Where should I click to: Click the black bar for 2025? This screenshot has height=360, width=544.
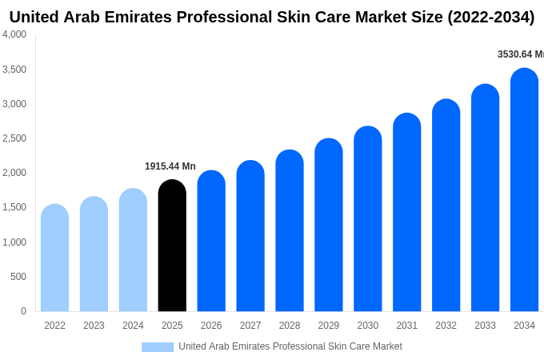click(x=172, y=246)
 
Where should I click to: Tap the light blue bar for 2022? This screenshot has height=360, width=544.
click(x=54, y=258)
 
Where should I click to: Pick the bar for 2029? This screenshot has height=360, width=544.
click(x=329, y=225)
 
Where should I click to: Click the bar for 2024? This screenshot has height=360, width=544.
click(x=133, y=250)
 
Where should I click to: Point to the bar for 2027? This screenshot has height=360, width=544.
click(x=250, y=236)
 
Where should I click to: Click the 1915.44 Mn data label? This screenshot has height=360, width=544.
click(x=170, y=166)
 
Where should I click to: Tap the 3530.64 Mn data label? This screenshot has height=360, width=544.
click(x=520, y=54)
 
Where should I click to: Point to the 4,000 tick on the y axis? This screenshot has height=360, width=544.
click(x=14, y=34)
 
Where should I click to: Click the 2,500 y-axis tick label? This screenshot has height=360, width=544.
click(x=14, y=138)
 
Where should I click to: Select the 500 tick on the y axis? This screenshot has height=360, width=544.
click(x=18, y=277)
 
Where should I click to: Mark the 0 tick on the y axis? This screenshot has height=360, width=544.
click(x=23, y=311)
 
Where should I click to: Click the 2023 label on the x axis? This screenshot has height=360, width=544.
click(x=94, y=326)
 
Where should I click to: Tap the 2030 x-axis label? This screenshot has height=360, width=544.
click(x=368, y=326)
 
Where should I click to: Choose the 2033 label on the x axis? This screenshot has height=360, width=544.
click(x=485, y=326)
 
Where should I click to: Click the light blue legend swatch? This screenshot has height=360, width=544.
click(x=158, y=347)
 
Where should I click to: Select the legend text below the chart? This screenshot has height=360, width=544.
click(x=290, y=346)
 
